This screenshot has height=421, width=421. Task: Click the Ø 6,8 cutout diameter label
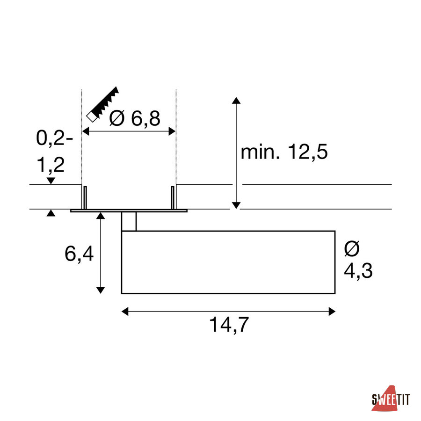pos(135,118)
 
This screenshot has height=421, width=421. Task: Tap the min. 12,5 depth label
pos(284,152)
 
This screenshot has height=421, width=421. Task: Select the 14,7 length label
pos(229,325)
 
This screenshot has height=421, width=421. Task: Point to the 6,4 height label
pos(79,254)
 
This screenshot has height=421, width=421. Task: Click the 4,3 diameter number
pos(358,271)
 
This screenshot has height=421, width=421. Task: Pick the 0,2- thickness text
pos(54,138)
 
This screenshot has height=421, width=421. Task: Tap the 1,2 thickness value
pos(51,165)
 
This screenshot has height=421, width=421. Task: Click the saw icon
pos(102,104)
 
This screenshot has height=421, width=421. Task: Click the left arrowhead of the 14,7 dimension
pos(125,312)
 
